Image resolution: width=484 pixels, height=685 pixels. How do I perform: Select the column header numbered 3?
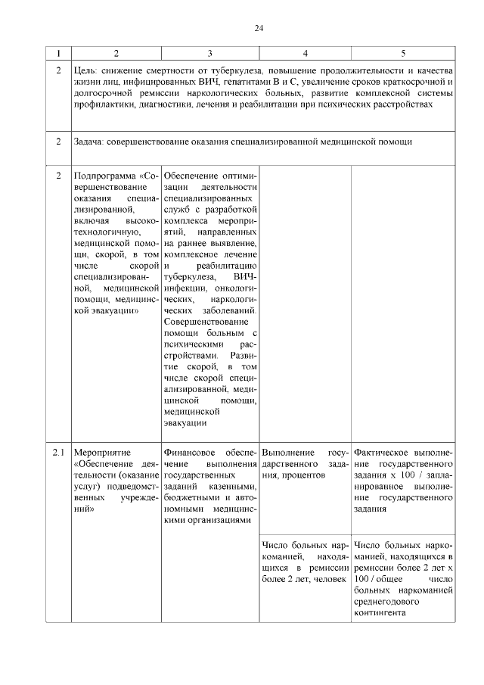pyautogui.click(x=209, y=53)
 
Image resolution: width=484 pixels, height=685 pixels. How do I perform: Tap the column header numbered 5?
pyautogui.click(x=403, y=53)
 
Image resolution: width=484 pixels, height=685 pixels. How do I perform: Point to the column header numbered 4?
pyautogui.click(x=305, y=53)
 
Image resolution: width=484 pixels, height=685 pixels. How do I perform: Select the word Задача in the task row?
pyautogui.click(x=90, y=142)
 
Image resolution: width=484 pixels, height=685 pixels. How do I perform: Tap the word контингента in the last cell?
pyautogui.click(x=378, y=614)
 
